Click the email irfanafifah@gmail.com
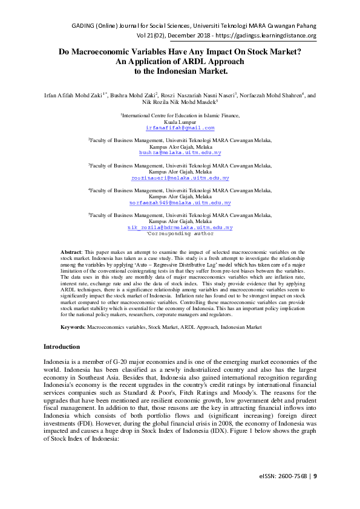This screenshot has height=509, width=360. (x=180, y=128)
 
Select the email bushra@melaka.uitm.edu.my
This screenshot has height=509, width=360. (x=180, y=153)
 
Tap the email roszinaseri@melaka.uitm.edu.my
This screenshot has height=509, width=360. (x=180, y=178)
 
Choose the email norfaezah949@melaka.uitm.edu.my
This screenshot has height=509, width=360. (x=180, y=203)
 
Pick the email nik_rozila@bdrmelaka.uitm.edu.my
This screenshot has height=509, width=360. (x=180, y=228)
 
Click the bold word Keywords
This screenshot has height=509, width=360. (x=73, y=326)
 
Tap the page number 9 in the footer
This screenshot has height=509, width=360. (x=315, y=493)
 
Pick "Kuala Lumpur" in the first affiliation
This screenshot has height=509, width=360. (x=180, y=121)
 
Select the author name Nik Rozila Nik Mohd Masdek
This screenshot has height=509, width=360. (x=179, y=103)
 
